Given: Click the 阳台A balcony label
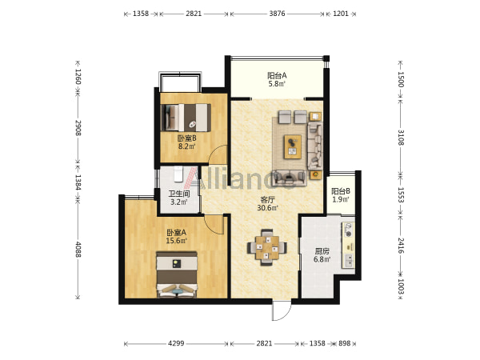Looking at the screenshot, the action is pos(277,75).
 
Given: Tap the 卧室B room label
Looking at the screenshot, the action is pos(187,138).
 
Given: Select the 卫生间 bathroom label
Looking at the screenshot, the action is pos(179,194).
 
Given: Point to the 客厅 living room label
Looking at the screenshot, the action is pos(267,200).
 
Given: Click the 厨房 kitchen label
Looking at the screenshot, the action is pos(322,252).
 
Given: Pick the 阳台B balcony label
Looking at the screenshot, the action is pos(341,192).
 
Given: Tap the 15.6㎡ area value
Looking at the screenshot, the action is pos(176,241).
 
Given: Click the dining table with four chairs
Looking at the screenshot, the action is pos(267,247).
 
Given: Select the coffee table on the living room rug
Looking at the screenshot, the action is pos(293,146).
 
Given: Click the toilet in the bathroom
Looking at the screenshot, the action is pos(178,174).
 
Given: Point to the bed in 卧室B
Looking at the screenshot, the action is pos(186,118).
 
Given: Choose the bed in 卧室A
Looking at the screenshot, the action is pos(177,274).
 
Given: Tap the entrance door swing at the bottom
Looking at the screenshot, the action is pos(282,310).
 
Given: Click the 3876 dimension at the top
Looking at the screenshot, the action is pos(277,14).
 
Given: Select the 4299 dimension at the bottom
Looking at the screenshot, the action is pos(176,343).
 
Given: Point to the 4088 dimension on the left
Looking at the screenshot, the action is pos(78,250).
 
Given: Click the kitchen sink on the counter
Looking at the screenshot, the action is pos(348,261).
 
